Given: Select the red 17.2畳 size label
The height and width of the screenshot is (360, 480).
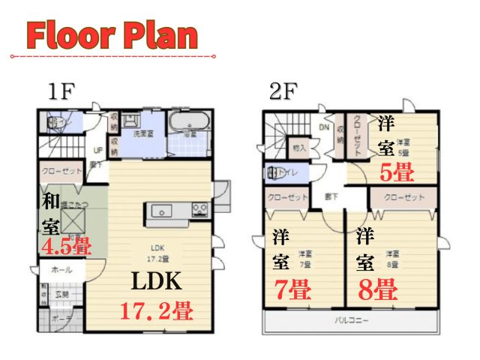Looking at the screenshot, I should click(x=157, y=308).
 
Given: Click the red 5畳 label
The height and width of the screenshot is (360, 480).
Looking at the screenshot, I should click(x=395, y=173).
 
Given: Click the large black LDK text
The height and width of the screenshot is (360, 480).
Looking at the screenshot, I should click(x=156, y=281).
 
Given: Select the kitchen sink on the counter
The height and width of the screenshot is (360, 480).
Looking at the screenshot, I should click(x=161, y=211).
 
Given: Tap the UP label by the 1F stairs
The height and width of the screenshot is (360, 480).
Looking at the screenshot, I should click(x=97, y=148).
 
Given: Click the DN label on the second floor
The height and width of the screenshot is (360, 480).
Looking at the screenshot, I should click(x=325, y=127).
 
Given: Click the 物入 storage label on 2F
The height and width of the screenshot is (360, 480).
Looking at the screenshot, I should click(x=299, y=148).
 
